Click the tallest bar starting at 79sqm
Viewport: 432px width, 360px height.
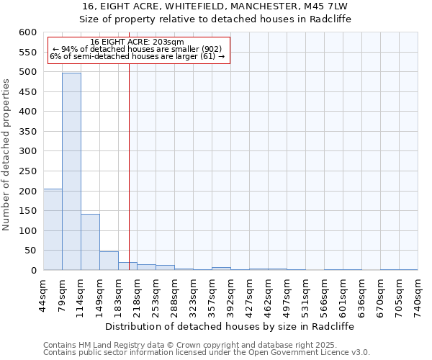(x=71, y=171)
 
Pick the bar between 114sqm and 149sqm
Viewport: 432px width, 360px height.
(x=90, y=242)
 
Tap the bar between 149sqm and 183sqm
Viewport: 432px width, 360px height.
(x=109, y=261)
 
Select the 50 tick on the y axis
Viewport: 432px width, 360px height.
(x=30, y=251)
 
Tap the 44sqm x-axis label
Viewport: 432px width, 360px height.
(x=44, y=294)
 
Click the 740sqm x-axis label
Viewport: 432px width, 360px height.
(x=418, y=294)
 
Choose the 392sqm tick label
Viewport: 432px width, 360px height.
(x=231, y=294)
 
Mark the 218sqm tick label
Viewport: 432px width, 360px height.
(x=138, y=294)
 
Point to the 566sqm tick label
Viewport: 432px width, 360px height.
(x=325, y=294)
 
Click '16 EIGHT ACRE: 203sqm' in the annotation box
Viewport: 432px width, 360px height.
(x=138, y=42)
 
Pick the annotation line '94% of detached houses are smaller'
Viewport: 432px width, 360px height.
(x=138, y=49)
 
